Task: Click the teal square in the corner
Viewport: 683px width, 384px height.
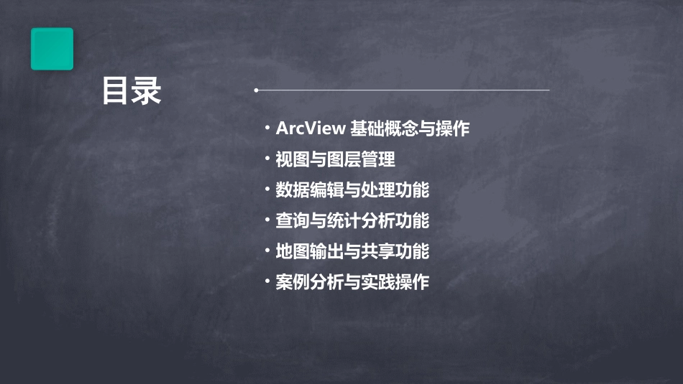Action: tap(52, 49)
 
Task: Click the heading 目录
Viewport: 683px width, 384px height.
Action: tap(131, 91)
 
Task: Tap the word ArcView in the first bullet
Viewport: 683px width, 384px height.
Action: tap(310, 128)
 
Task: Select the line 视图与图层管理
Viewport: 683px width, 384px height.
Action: tap(335, 159)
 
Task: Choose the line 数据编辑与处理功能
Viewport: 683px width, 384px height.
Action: tap(352, 190)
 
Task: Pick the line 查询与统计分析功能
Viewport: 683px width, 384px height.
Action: tap(352, 221)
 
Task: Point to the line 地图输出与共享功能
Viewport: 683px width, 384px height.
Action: tap(352, 252)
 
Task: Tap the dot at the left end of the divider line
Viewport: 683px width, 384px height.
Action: tap(256, 90)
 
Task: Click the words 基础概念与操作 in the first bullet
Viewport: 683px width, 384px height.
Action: tap(410, 128)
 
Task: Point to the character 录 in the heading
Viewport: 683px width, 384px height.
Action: tap(147, 91)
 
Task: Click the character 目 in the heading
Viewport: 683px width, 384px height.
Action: tap(116, 91)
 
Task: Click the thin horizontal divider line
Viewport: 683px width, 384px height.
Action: tap(403, 90)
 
